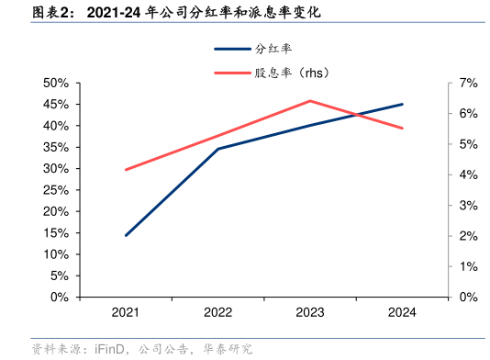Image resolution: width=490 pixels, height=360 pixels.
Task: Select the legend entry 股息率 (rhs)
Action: click(x=291, y=73)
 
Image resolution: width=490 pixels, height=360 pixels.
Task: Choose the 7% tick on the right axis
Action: click(x=468, y=83)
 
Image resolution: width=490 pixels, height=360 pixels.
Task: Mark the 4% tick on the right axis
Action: click(x=468, y=174)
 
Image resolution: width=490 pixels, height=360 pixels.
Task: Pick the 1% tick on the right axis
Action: click(x=468, y=266)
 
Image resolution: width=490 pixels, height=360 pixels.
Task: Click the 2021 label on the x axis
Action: click(x=126, y=313)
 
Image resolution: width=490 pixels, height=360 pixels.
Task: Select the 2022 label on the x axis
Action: click(x=217, y=313)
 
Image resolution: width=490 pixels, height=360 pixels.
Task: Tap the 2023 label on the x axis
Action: click(x=310, y=313)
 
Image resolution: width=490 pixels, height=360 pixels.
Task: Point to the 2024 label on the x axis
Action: click(x=402, y=313)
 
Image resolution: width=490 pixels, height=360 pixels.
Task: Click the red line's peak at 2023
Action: click(x=310, y=101)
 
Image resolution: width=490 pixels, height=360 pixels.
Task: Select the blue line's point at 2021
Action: click(x=126, y=235)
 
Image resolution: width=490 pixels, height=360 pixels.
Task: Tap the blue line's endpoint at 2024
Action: click(x=402, y=104)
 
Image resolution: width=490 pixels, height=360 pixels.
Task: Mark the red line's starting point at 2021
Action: click(x=126, y=169)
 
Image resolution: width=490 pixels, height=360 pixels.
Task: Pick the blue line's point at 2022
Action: click(x=217, y=149)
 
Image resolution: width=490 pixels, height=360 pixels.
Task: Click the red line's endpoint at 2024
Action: click(x=402, y=128)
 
